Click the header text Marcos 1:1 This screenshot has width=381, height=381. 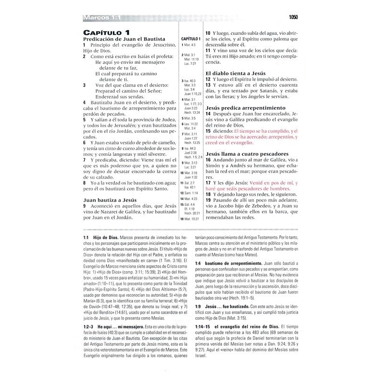point(101,18)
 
